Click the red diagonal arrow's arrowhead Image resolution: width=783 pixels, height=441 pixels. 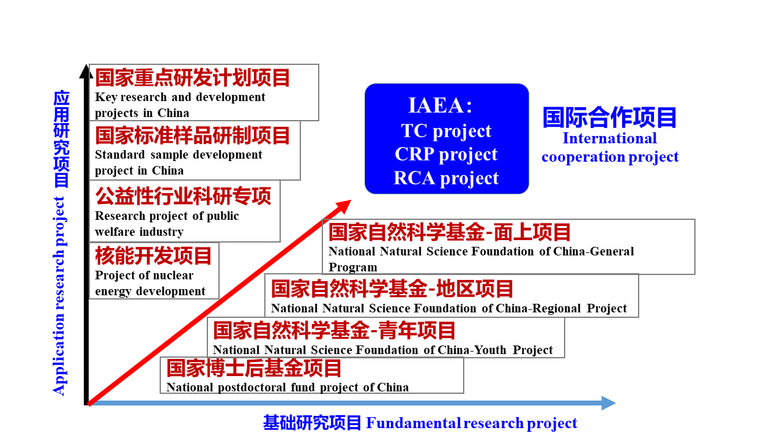point(343,206)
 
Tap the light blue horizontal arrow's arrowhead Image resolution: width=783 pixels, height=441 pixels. point(608,403)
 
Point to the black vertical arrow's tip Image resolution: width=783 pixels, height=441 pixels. point(86,64)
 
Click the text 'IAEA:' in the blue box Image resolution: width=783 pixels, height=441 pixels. point(440,105)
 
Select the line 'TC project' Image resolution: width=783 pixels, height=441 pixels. point(446,131)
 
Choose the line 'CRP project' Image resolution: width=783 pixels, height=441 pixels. point(446,154)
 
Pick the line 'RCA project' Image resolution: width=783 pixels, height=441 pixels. point(446,178)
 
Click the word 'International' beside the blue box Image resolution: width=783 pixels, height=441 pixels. point(610,138)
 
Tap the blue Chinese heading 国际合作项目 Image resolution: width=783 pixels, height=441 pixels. point(610,117)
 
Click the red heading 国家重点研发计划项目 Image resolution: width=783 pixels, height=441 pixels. point(193,78)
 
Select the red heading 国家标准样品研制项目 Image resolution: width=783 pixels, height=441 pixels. point(193,135)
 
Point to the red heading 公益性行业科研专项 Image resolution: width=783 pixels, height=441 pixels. point(183,196)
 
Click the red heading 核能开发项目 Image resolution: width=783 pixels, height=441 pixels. point(153,255)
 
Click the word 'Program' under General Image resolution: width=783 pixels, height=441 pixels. point(353,268)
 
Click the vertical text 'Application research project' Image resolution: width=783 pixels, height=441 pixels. point(59,296)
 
